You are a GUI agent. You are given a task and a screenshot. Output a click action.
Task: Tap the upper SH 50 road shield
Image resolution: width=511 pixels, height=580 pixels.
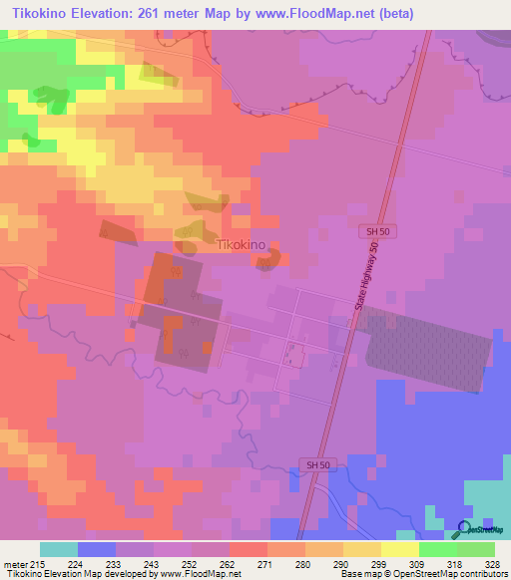tap(373, 231)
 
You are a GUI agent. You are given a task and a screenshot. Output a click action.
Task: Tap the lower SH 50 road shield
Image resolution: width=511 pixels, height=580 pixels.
tap(314, 465)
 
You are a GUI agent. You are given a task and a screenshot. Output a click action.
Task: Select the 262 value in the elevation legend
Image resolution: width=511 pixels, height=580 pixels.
tap(229, 565)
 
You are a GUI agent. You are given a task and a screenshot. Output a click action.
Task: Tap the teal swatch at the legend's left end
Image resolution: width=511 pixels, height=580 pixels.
tap(58, 549)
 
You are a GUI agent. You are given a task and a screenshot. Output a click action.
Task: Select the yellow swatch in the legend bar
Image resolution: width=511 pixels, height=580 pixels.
tap(398, 549)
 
